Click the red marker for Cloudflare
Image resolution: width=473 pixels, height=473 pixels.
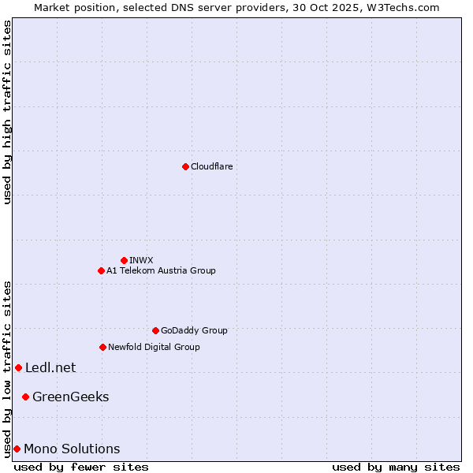click(x=185, y=166)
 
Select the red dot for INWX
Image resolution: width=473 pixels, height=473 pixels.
click(x=124, y=260)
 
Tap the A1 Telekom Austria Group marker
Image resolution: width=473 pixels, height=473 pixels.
click(x=101, y=270)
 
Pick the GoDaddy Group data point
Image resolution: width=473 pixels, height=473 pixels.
click(x=155, y=330)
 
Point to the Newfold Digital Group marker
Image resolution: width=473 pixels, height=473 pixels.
click(x=102, y=347)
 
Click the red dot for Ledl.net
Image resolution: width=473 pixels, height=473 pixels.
click(x=18, y=367)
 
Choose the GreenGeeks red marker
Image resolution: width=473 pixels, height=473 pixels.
click(x=25, y=397)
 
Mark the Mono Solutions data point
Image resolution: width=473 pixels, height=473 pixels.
click(x=17, y=449)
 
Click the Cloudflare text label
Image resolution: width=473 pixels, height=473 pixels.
click(x=211, y=166)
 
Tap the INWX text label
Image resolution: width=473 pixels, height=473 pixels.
click(x=141, y=260)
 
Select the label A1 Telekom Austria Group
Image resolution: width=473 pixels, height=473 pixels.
click(x=161, y=270)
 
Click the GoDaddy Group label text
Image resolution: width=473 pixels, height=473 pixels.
click(x=194, y=330)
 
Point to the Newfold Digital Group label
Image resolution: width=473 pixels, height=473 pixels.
click(x=154, y=347)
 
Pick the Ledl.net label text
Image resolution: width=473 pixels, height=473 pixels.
click(x=50, y=367)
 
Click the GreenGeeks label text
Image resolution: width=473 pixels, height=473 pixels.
click(x=70, y=397)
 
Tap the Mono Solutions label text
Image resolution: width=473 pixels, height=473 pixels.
click(x=72, y=449)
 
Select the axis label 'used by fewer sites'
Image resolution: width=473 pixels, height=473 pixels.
click(x=81, y=467)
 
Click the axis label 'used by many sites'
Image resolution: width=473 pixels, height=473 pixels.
click(x=396, y=467)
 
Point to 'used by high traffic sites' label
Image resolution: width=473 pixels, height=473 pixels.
click(x=7, y=112)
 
